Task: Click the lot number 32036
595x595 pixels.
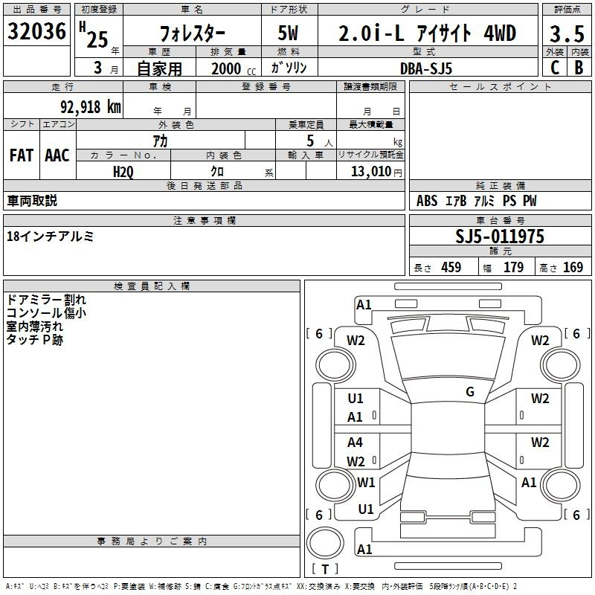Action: [36, 31]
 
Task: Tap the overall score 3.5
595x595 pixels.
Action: [567, 34]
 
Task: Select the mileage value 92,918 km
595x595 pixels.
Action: [91, 107]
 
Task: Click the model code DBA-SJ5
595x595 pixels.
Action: [426, 68]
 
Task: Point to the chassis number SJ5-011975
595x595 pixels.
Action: [500, 237]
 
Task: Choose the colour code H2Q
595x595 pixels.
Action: [123, 172]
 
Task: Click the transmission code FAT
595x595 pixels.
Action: [22, 155]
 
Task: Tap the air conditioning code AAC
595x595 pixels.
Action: [57, 155]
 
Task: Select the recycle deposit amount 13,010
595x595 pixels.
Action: [371, 171]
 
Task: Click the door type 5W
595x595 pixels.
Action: [288, 33]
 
